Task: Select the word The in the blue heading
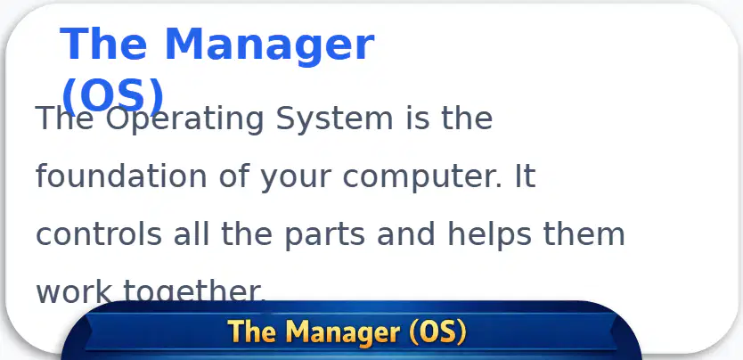[102, 44]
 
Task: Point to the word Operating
[184, 119]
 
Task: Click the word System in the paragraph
[335, 119]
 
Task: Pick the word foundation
[121, 176]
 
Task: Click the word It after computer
[524, 176]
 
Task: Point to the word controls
[99, 233]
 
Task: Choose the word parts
[324, 236]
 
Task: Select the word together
[194, 291]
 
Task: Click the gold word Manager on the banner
[342, 332]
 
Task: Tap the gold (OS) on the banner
[437, 332]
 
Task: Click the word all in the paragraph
[191, 233]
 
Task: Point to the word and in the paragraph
[406, 233]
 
